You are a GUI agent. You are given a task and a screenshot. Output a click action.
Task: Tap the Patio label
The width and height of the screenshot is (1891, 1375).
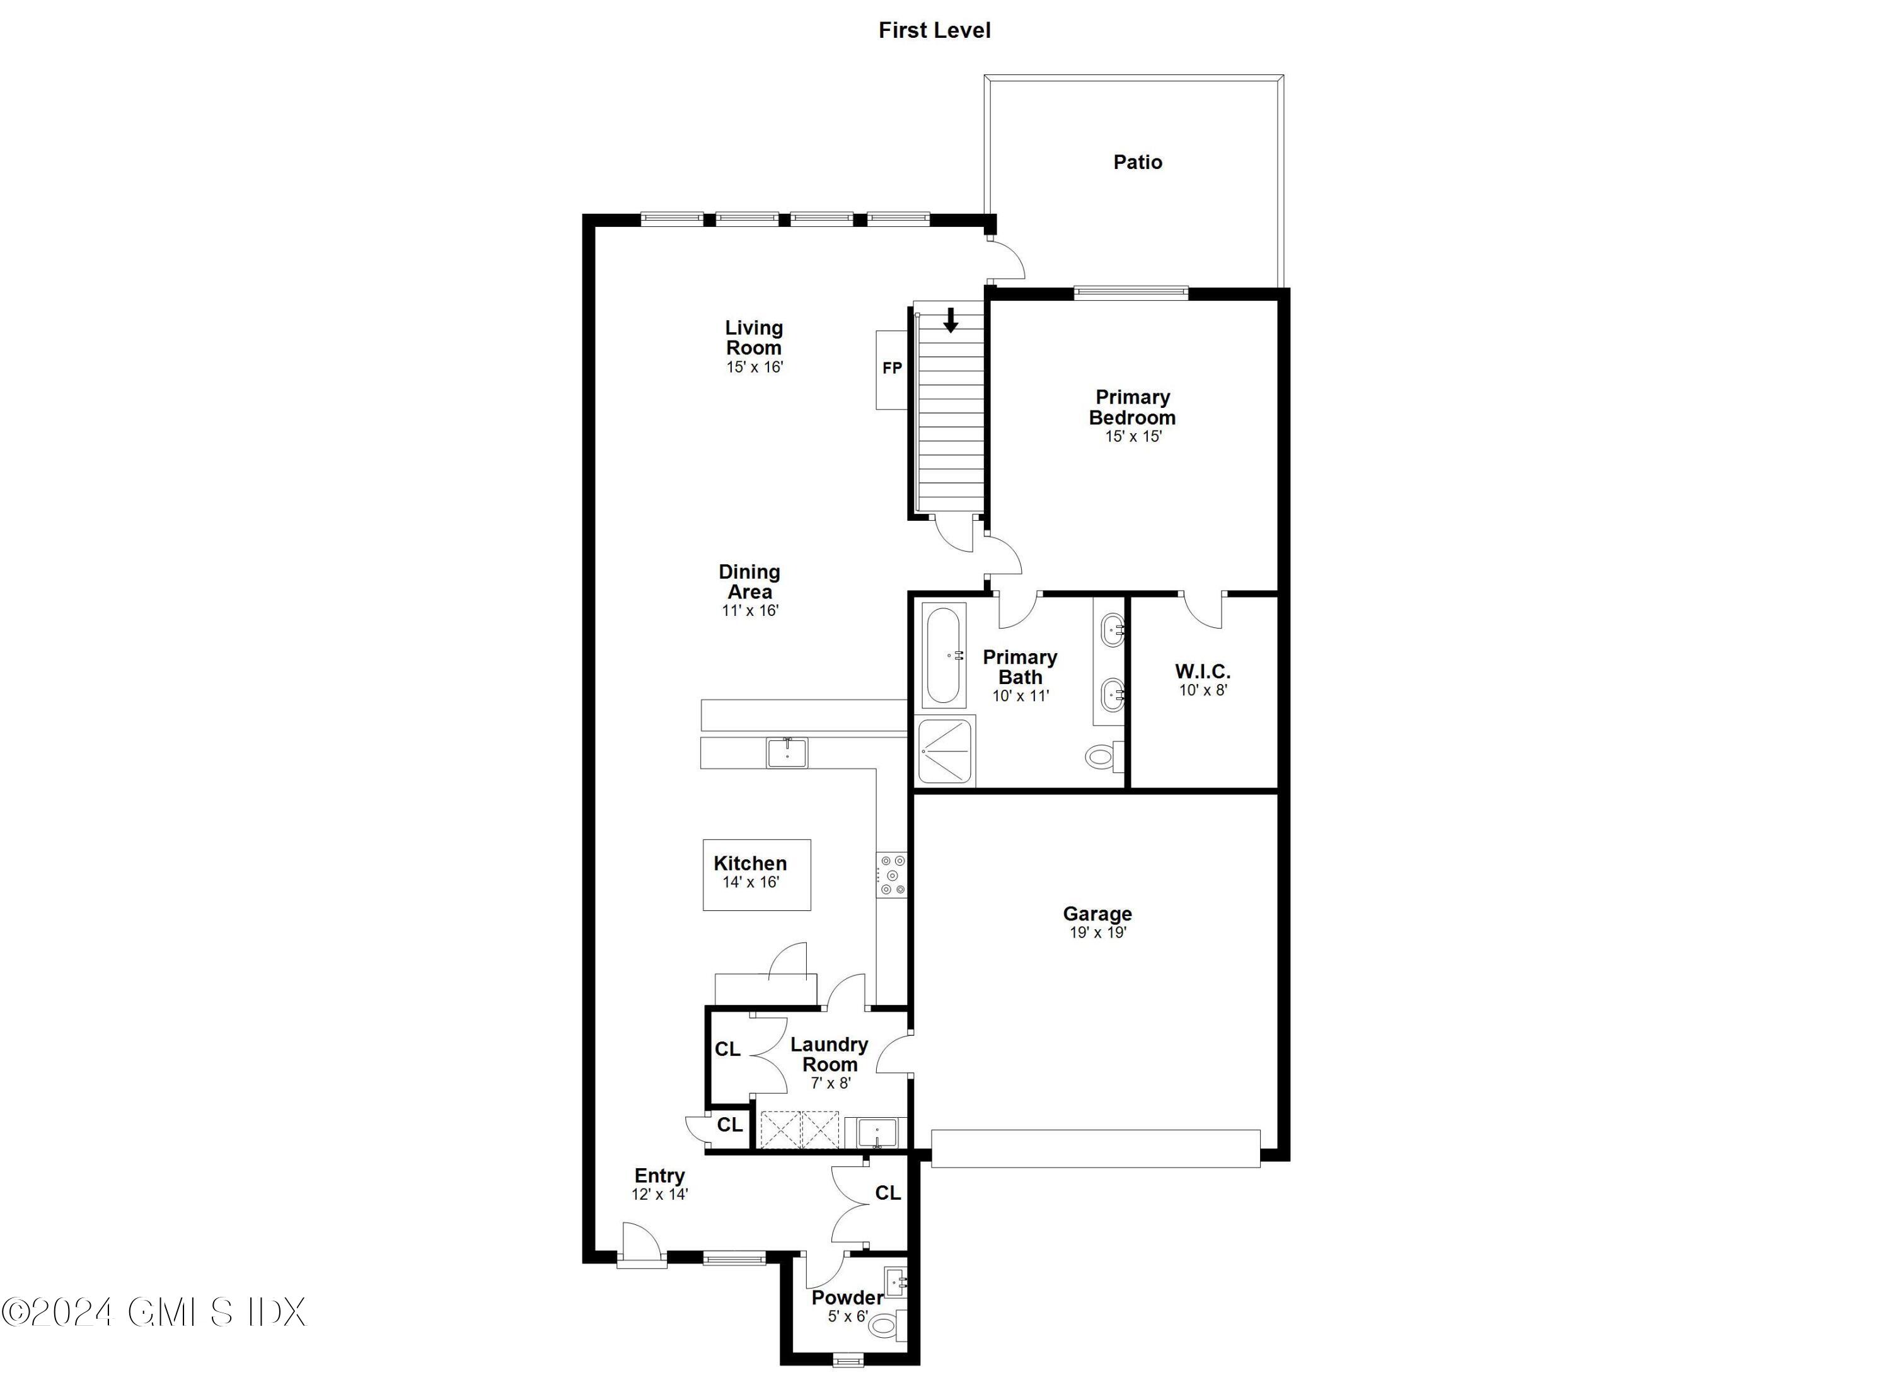click(1137, 162)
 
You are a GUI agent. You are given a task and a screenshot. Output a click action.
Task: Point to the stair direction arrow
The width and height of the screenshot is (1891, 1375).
click(950, 320)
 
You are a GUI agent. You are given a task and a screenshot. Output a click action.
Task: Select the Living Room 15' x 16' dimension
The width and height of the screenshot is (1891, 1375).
click(754, 367)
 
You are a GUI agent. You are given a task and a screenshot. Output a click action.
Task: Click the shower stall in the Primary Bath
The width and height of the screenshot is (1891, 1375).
click(945, 751)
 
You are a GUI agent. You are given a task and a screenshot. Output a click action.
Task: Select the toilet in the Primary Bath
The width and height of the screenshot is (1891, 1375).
click(1102, 757)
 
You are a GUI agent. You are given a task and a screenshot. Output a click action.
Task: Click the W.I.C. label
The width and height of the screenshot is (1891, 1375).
click(1202, 671)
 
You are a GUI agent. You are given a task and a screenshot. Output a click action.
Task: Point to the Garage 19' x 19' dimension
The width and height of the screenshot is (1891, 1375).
click(1097, 933)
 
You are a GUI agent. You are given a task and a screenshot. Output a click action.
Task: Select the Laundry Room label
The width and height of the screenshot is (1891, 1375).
click(829, 1054)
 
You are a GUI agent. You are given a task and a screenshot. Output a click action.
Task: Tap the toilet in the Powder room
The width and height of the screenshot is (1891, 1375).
click(887, 1324)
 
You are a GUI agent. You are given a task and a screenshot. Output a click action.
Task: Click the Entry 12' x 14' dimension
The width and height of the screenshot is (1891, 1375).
click(659, 1194)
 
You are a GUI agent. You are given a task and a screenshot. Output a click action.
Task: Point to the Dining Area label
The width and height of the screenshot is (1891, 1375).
click(749, 581)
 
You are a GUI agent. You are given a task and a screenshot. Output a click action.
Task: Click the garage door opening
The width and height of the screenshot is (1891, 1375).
click(1095, 1148)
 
